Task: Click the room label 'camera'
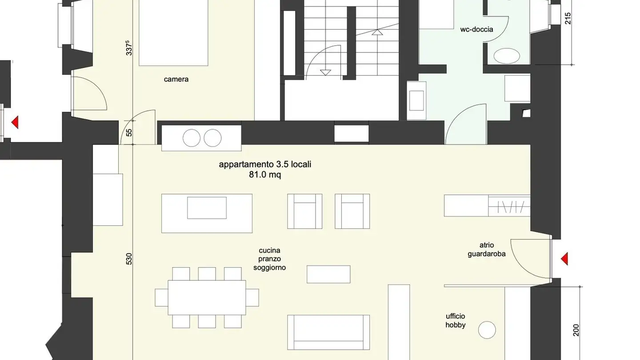click(x=176, y=80)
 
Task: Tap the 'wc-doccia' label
click(x=476, y=30)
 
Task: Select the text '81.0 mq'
click(x=265, y=175)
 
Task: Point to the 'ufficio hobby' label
click(x=456, y=320)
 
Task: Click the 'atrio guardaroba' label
click(x=486, y=249)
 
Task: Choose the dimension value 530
click(x=129, y=258)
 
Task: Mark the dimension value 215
click(x=568, y=18)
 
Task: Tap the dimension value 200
click(x=576, y=329)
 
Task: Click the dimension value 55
click(x=129, y=132)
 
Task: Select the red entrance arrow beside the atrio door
click(x=564, y=259)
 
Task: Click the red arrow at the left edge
click(x=15, y=122)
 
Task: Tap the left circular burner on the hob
click(x=192, y=138)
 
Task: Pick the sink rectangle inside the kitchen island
click(x=207, y=208)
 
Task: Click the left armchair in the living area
click(x=304, y=211)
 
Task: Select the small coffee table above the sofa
click(x=328, y=274)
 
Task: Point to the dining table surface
click(x=207, y=298)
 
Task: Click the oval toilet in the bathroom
click(x=507, y=56)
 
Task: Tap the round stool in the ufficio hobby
click(x=487, y=329)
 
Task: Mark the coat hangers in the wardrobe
click(x=509, y=206)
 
